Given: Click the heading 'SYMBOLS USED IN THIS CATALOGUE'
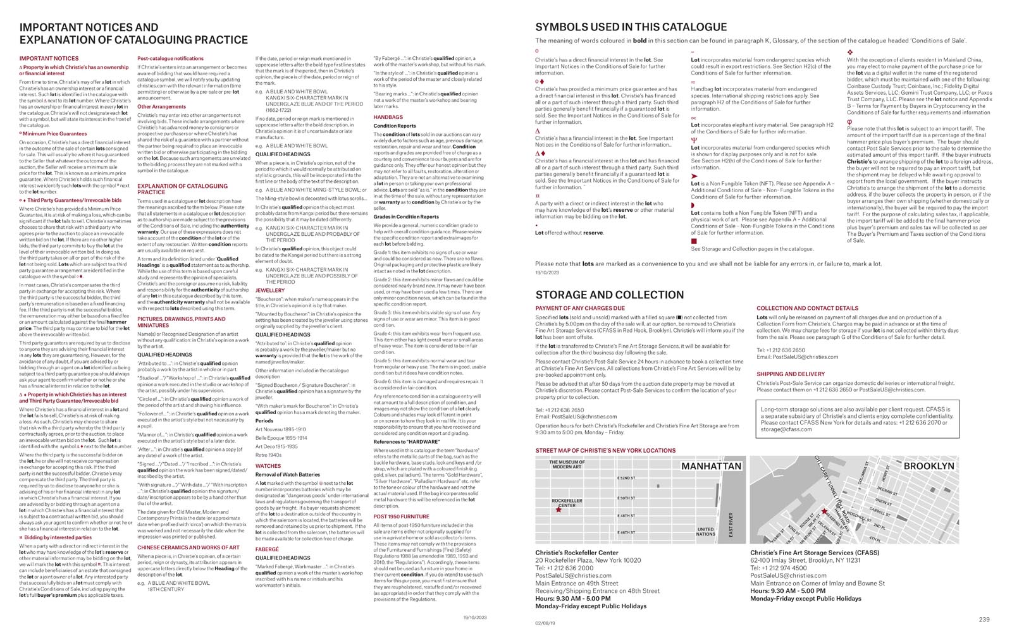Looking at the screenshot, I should [x=631, y=27].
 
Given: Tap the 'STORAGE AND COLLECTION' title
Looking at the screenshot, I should [x=609, y=295].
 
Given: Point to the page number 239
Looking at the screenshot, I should [x=984, y=619].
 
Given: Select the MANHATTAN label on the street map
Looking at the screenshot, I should [x=711, y=466].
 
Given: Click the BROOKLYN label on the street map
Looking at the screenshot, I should [x=929, y=466].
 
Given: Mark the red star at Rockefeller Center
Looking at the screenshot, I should [x=558, y=510].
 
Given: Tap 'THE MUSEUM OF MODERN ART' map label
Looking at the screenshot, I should [x=567, y=465].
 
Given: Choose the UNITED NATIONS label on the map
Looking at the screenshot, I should [x=705, y=531].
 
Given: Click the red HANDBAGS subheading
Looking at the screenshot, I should [x=388, y=117].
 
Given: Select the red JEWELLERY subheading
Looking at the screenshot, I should [x=270, y=291].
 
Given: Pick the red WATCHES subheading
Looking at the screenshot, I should [x=268, y=466].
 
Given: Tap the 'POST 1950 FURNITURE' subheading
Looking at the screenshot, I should [x=401, y=517].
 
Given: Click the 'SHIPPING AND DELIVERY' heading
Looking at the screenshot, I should [x=791, y=374].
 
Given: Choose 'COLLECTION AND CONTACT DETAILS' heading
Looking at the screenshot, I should [x=807, y=309].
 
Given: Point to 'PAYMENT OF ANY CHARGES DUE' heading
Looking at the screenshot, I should [x=576, y=309].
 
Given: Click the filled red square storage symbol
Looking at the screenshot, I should [x=694, y=241].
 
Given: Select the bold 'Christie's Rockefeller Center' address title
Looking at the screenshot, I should [x=577, y=553].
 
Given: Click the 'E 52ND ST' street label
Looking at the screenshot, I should [x=626, y=479].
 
